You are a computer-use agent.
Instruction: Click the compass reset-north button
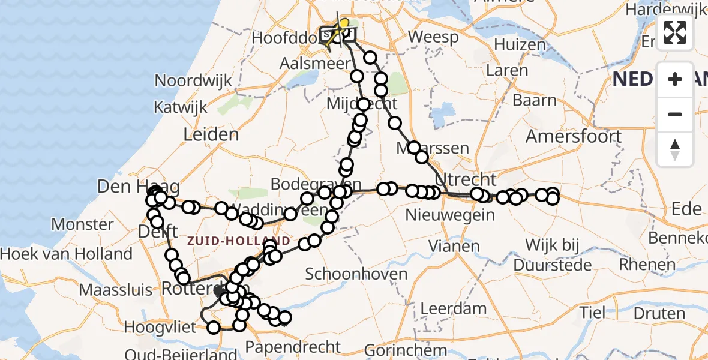click(x=675, y=149)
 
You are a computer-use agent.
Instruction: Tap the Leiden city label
click(x=211, y=133)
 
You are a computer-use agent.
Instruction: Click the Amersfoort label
click(x=574, y=136)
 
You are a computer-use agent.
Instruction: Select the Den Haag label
click(x=123, y=187)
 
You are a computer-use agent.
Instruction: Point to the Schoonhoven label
click(x=348, y=274)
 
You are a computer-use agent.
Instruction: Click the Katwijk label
click(x=181, y=107)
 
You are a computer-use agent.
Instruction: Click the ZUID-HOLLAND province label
click(x=239, y=241)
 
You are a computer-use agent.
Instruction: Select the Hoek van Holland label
click(x=66, y=254)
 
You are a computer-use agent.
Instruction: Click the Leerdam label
click(x=453, y=309)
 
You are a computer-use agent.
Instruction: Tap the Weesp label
click(x=433, y=37)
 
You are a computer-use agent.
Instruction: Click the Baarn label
click(x=535, y=100)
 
